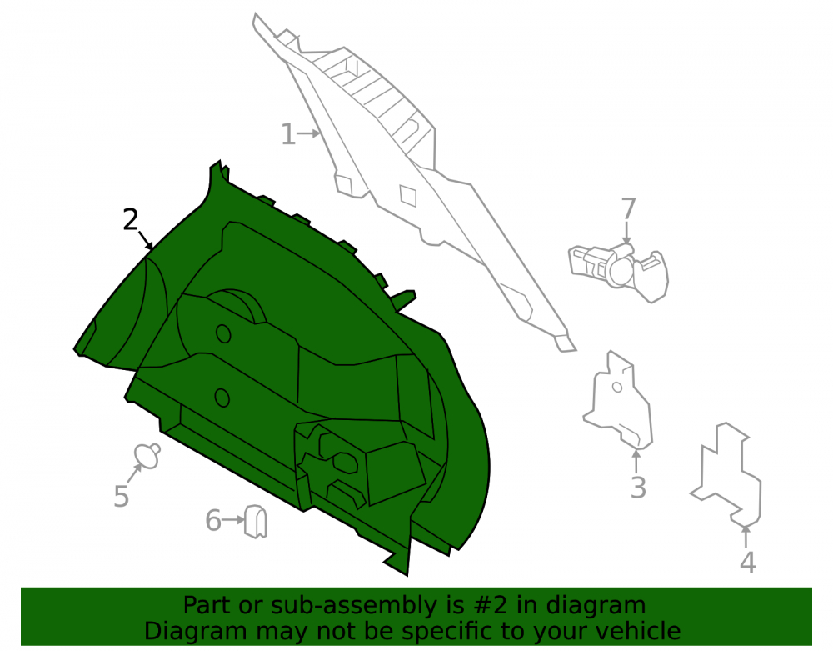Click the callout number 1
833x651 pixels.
coord(287,134)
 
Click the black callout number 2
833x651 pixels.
coord(130,219)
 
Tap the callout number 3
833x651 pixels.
coord(638,488)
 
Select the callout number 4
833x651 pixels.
coord(748,563)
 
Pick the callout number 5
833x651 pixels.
coord(121,496)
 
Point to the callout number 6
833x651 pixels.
coord(213,520)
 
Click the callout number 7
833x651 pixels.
coord(628,208)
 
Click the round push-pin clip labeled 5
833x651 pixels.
coord(147,456)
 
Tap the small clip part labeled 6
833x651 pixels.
coord(256,521)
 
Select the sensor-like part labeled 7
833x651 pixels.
coord(619,271)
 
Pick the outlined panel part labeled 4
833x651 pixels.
coord(726,474)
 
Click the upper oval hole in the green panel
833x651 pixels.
coord(223,333)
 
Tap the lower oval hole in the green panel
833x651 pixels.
coord(222,398)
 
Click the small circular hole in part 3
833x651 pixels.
coord(616,387)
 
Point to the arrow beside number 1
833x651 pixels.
coord(309,133)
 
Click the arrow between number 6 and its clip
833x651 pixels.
coord(233,520)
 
